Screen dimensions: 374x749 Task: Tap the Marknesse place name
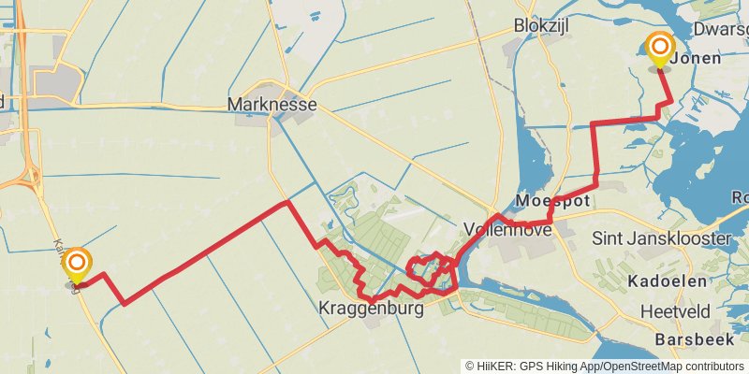272,104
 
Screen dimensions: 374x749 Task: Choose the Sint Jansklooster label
662,238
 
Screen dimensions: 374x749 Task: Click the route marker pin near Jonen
660,50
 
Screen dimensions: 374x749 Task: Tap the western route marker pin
77,266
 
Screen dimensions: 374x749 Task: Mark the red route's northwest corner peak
286,202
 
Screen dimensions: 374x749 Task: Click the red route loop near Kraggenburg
426,267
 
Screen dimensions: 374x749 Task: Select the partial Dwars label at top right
722,30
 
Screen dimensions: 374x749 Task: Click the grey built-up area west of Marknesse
56,81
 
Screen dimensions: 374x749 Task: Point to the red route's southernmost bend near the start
125,303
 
